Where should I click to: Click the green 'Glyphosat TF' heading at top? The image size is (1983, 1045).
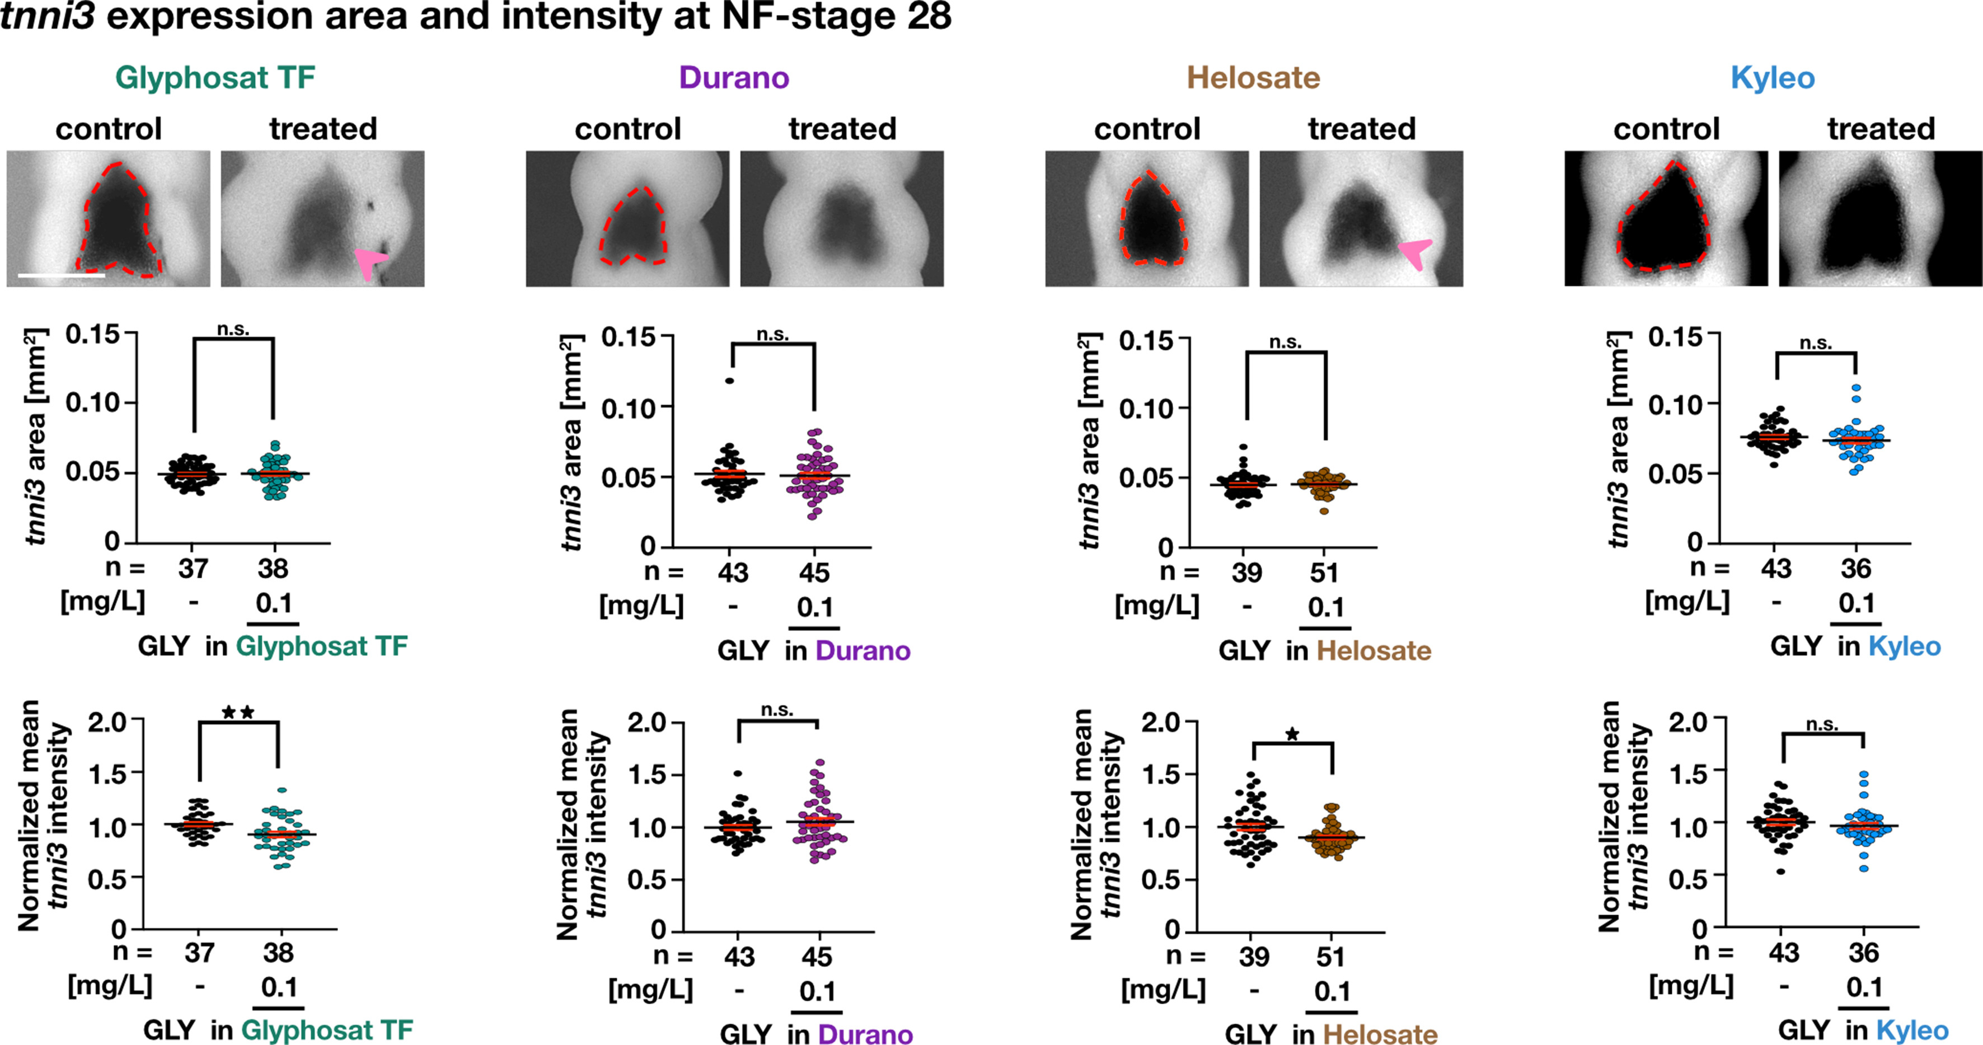point(215,78)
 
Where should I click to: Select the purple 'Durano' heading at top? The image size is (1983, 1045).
point(734,78)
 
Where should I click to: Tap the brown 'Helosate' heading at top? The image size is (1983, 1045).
point(1253,78)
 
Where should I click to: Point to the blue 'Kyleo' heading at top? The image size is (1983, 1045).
point(1772,78)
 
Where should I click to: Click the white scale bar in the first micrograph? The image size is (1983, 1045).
point(61,275)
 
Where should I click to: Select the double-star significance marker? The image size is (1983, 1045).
point(238,713)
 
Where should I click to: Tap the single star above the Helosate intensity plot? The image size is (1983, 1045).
point(1292,734)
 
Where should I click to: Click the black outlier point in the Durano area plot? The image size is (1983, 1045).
point(729,381)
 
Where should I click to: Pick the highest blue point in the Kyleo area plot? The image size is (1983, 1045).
point(1856,388)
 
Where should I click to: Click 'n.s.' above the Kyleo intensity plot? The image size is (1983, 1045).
point(1822,725)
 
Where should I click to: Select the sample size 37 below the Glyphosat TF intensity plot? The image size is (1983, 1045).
point(199,953)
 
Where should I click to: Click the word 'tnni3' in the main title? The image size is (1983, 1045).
point(48,16)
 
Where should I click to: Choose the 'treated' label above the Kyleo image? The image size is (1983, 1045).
point(1881,129)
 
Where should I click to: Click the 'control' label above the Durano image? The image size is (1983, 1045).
point(627,129)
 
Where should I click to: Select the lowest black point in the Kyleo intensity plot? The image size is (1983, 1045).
point(1780,871)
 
